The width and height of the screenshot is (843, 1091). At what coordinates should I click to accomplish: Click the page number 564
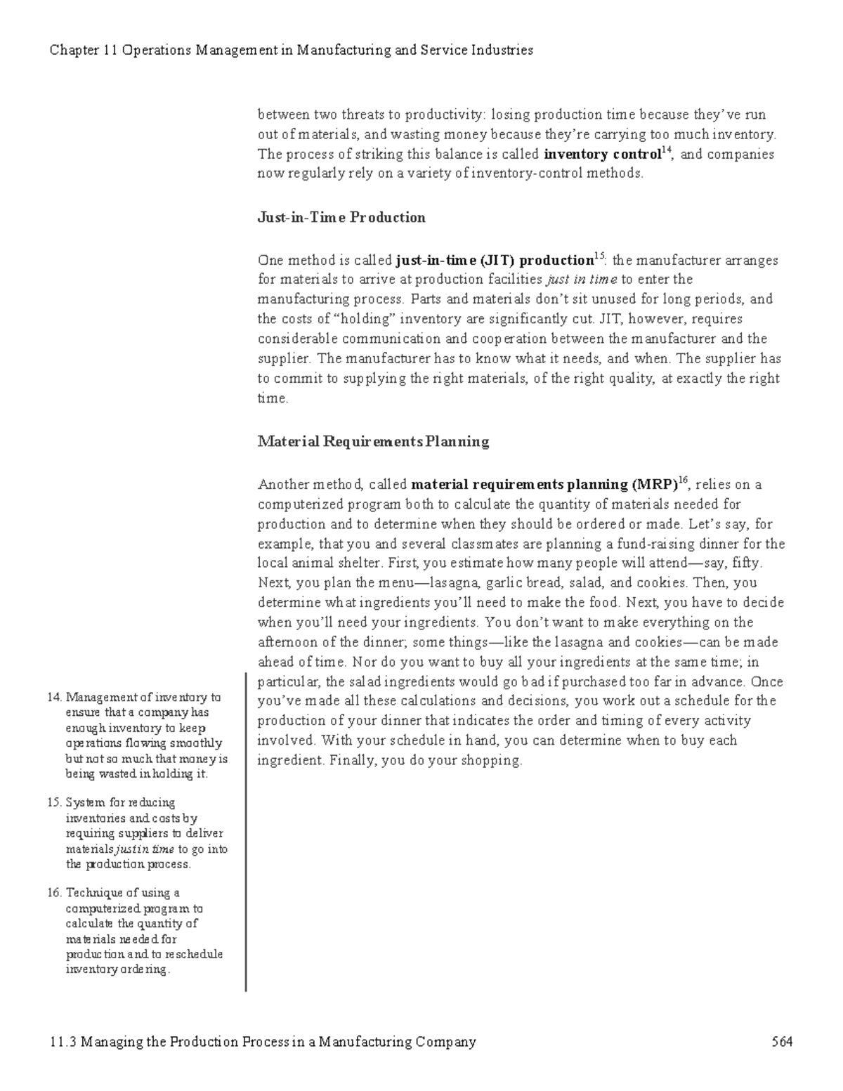(x=781, y=1042)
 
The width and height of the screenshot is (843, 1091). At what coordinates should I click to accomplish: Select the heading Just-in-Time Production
(x=341, y=218)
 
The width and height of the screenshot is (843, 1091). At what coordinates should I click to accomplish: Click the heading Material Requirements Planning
(x=373, y=442)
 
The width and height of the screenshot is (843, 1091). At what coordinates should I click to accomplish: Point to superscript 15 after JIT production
(x=599, y=255)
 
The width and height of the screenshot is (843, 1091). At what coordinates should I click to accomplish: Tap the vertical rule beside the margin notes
(x=246, y=829)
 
